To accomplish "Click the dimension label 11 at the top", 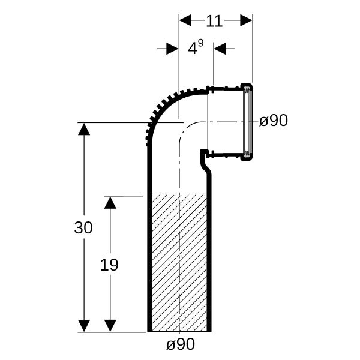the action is pyautogui.click(x=214, y=21).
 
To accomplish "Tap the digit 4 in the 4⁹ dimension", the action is pyautogui.click(x=193, y=49).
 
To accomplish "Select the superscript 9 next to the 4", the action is pyautogui.click(x=200, y=43).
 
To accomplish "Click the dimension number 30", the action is pyautogui.click(x=83, y=227).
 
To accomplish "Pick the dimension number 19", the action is pyautogui.click(x=109, y=265).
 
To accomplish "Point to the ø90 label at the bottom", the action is pyautogui.click(x=181, y=344).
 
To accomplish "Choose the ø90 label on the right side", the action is pyautogui.click(x=274, y=121).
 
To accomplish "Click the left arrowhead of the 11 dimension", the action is pyautogui.click(x=185, y=20).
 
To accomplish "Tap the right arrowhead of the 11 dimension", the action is pyautogui.click(x=247, y=20).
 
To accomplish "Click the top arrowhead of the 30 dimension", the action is pyautogui.click(x=84, y=129).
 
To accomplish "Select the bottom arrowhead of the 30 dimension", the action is pyautogui.click(x=84, y=326).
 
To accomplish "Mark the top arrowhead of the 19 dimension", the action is pyautogui.click(x=110, y=203).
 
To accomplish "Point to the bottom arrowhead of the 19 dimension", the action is pyautogui.click(x=110, y=326).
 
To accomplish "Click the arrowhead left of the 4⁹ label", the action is pyautogui.click(x=172, y=49).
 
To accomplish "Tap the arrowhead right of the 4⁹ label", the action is pyautogui.click(x=220, y=49).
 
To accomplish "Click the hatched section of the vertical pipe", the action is pyautogui.click(x=179, y=263).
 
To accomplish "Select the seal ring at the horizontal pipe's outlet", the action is pyautogui.click(x=247, y=121).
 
